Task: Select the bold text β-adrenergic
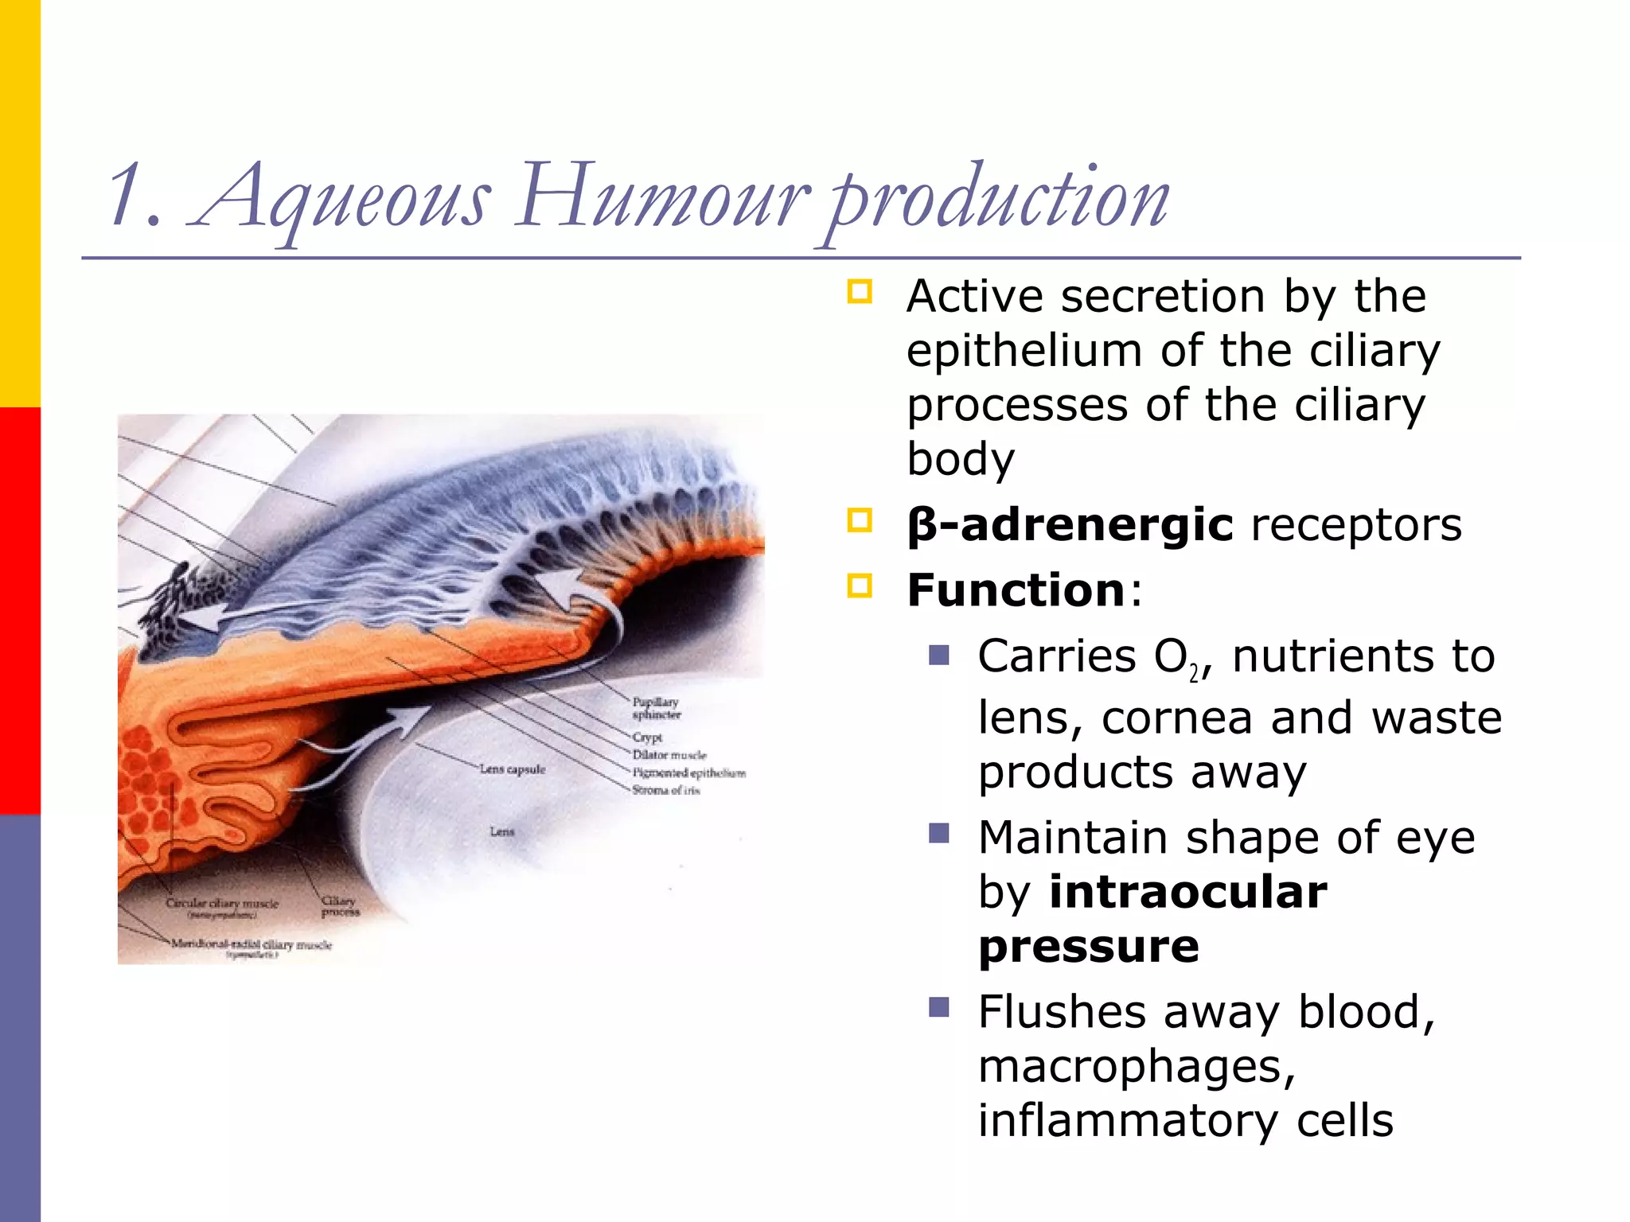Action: coord(1070,525)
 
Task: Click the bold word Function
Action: coord(1016,590)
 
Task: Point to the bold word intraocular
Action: coord(1188,892)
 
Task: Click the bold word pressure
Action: coord(1088,946)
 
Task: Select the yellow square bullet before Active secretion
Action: coord(860,292)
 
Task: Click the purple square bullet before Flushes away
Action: coord(939,1008)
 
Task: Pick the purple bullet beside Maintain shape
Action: coord(939,834)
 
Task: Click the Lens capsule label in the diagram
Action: coord(512,769)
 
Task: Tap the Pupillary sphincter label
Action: coord(656,708)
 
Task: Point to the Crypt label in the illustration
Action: coord(647,737)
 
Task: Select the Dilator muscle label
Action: coord(669,755)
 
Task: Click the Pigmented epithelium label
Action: coord(688,773)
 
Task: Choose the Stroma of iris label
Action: coord(665,790)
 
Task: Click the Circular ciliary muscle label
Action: coord(222,904)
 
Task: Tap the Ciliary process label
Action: coord(340,906)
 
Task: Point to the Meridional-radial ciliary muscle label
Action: coord(251,945)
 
